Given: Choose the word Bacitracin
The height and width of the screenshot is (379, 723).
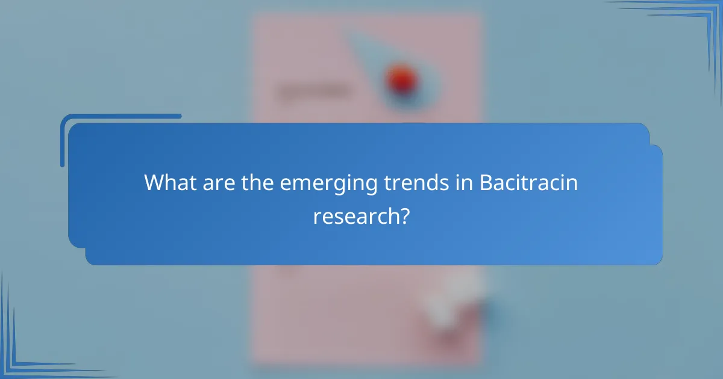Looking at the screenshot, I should [x=529, y=182].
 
